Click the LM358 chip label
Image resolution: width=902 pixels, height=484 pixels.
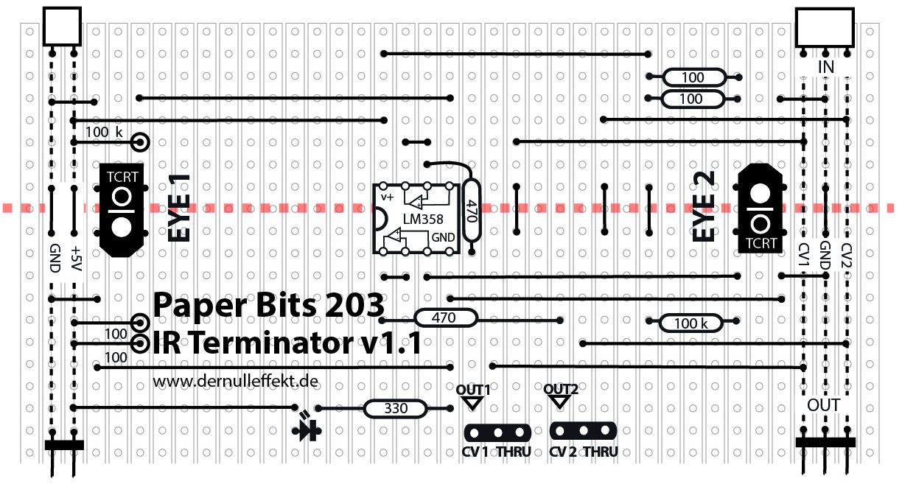(x=418, y=220)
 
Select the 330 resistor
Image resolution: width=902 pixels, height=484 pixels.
(x=396, y=409)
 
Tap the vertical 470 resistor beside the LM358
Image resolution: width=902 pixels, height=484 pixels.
(x=472, y=211)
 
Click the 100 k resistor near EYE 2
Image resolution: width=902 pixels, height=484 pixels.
(x=691, y=323)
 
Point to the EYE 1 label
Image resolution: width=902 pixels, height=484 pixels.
(x=180, y=208)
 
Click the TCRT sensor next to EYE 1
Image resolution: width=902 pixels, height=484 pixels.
(x=121, y=210)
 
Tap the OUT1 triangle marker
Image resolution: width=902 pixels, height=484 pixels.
(x=472, y=402)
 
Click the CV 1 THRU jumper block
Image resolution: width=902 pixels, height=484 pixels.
(x=497, y=432)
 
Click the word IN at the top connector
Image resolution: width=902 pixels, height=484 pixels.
(x=826, y=68)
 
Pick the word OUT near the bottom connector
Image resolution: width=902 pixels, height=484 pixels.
(x=823, y=405)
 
